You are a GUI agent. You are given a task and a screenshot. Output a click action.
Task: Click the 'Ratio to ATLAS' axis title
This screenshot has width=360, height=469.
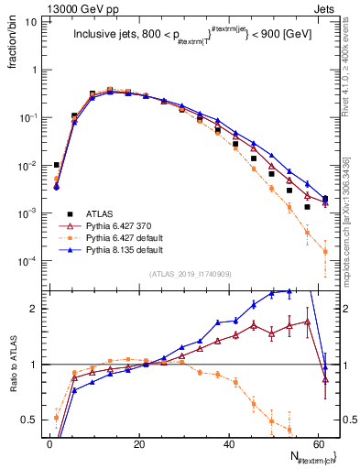(12, 364)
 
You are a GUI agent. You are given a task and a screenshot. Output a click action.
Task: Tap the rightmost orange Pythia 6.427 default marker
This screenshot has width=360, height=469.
(325, 251)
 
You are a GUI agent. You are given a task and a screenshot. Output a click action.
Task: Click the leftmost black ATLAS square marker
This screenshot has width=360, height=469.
(57, 165)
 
